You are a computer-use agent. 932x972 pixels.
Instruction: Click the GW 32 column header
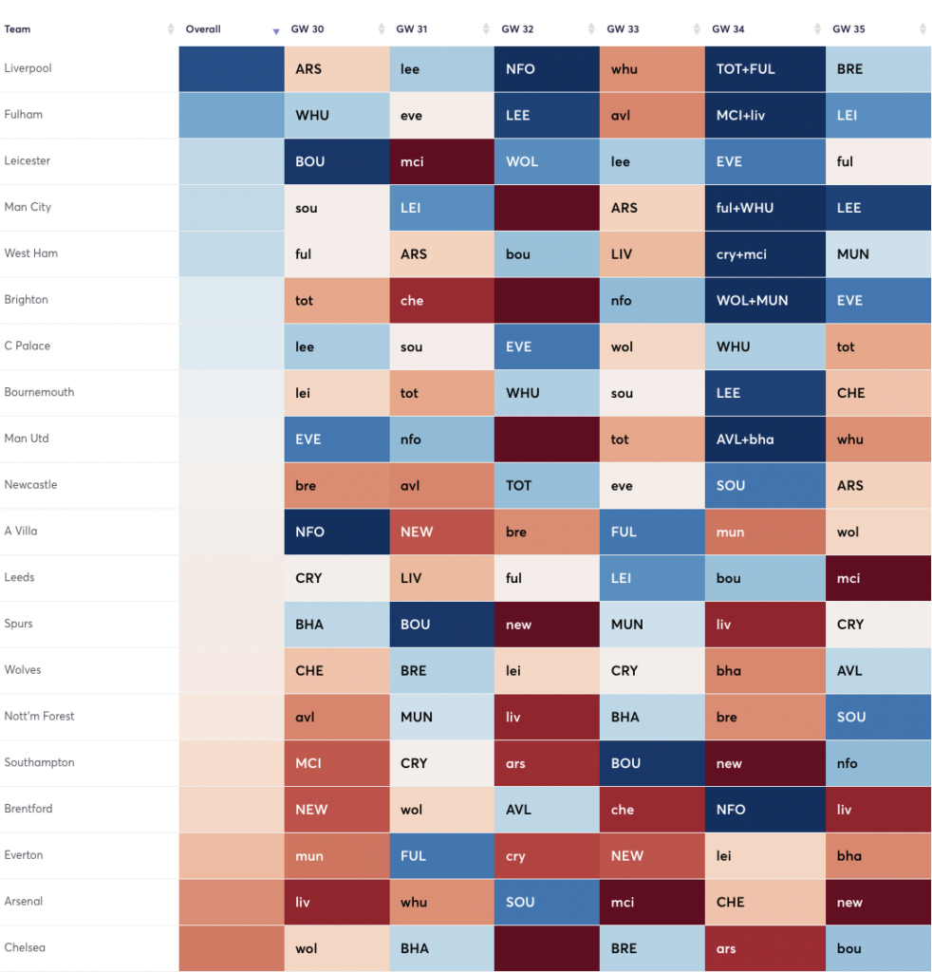click(x=516, y=29)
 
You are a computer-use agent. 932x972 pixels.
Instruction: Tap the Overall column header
click(x=203, y=29)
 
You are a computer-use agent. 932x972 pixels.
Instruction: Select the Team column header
click(x=17, y=29)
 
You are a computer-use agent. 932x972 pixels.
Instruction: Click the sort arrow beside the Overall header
click(x=276, y=30)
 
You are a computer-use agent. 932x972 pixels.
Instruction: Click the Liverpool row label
click(x=28, y=68)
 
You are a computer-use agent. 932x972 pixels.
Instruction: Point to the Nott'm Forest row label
click(x=39, y=716)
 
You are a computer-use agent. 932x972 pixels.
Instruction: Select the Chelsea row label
click(x=25, y=947)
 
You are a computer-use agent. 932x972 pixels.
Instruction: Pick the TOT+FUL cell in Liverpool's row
click(x=764, y=69)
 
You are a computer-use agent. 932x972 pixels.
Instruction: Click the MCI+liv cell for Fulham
click(x=764, y=115)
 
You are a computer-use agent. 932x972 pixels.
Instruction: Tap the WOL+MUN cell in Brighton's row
click(x=764, y=300)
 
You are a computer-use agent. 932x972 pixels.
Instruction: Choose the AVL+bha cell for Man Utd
click(x=764, y=439)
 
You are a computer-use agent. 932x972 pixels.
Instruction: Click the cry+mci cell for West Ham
click(x=764, y=254)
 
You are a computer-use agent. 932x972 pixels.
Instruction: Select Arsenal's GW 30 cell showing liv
click(x=336, y=902)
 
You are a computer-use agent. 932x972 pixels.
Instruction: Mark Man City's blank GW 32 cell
click(x=546, y=208)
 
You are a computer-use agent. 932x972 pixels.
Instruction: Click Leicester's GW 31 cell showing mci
click(x=441, y=161)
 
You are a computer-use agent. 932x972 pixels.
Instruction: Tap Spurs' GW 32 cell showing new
click(x=546, y=625)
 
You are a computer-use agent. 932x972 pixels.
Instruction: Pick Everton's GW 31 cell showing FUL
click(x=441, y=855)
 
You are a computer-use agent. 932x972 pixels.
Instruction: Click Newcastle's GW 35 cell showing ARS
click(x=877, y=485)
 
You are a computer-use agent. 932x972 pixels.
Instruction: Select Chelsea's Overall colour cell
click(x=231, y=948)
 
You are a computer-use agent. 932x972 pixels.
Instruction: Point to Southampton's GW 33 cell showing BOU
click(x=651, y=763)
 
